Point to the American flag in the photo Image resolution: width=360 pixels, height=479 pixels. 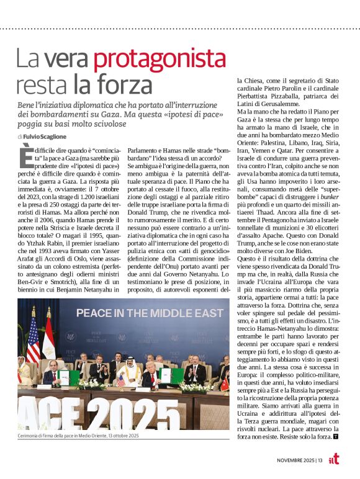[x=32, y=339]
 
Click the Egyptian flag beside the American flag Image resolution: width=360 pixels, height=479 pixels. [x=48, y=338]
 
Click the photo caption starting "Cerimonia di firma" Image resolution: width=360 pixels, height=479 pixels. [x=78, y=436]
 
